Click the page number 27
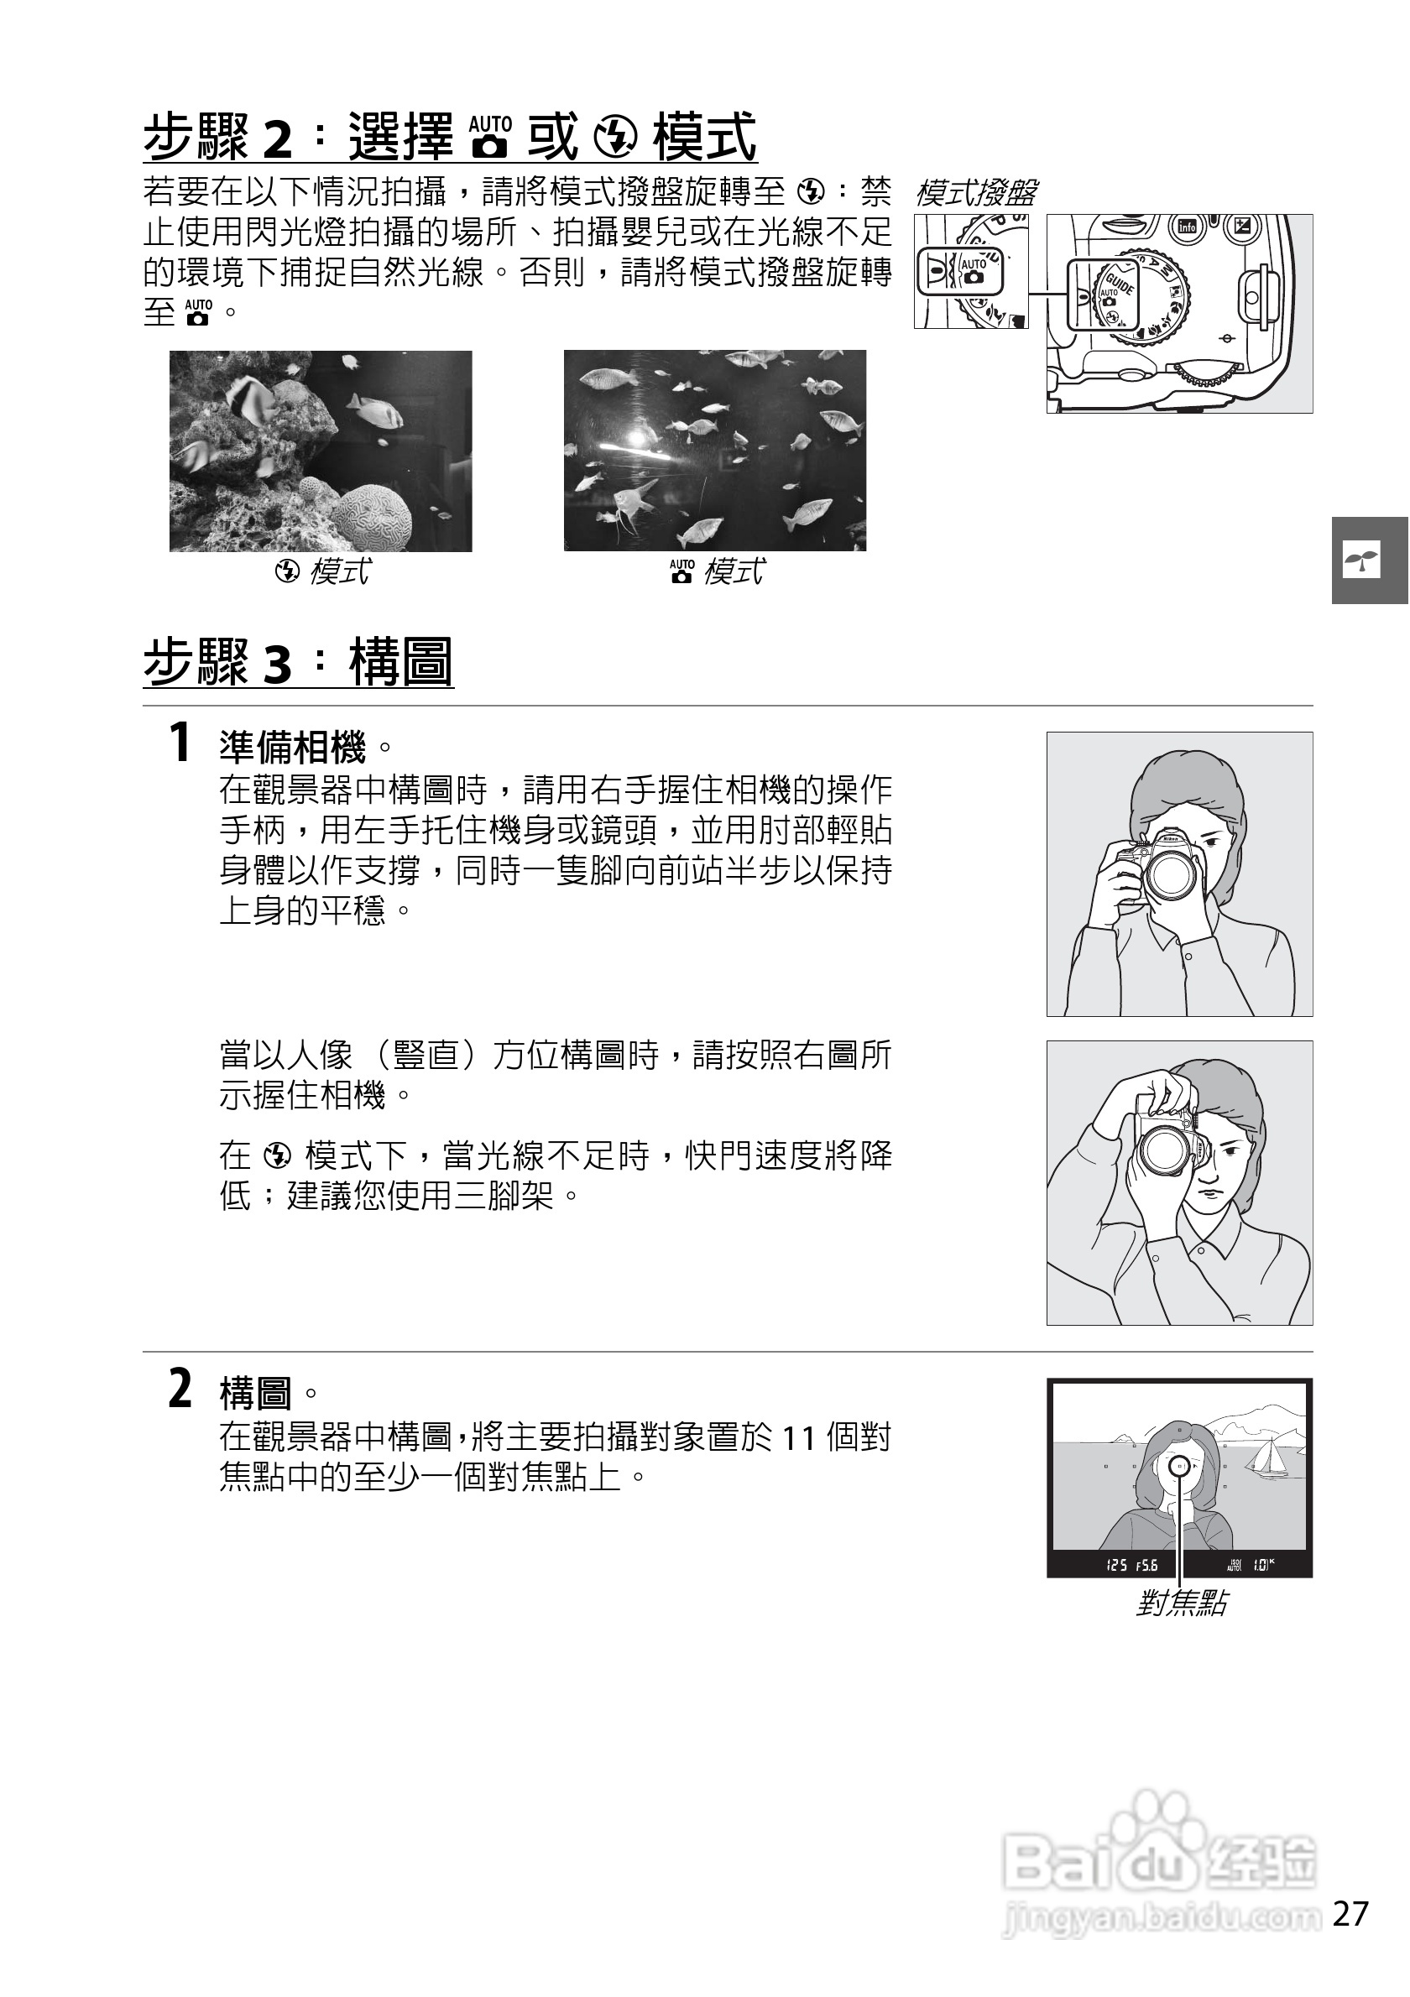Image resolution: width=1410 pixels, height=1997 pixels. pyautogui.click(x=1351, y=1915)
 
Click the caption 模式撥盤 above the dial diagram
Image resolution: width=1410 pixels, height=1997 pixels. pyautogui.click(x=975, y=192)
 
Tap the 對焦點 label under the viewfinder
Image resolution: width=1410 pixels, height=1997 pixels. pyautogui.click(x=1181, y=1603)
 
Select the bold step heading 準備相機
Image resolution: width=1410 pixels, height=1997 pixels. pyautogui.click(x=293, y=747)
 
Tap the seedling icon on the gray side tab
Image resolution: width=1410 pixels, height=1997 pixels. pyautogui.click(x=1362, y=561)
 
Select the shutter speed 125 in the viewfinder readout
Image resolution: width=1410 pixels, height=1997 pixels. pyautogui.click(x=1117, y=1566)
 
